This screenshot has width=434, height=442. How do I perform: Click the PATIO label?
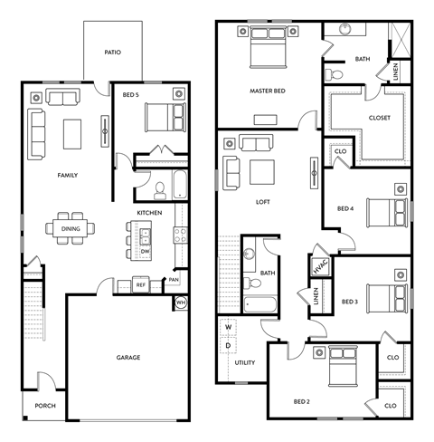112,53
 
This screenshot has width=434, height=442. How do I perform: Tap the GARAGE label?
127,358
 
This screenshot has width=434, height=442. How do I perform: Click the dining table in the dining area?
70,228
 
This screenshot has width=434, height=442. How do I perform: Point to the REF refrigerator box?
141,285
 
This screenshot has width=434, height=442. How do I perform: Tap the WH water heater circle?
179,303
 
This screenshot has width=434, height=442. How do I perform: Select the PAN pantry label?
175,280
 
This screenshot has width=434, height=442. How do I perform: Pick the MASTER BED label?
268,91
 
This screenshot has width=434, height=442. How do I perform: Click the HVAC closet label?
318,265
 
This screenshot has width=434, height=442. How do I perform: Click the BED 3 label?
350,301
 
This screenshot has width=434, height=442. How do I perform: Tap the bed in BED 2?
342,370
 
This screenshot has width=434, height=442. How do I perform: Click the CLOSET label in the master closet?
379,117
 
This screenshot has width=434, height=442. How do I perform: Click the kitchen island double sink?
145,235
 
